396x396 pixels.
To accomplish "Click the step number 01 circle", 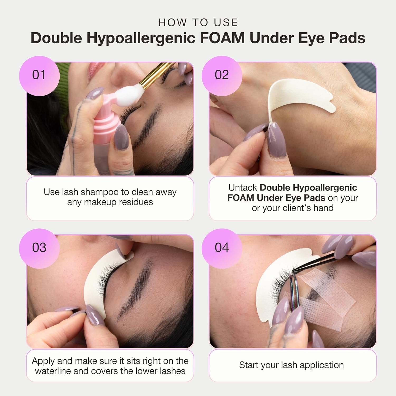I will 39,76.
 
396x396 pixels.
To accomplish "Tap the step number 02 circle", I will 222,76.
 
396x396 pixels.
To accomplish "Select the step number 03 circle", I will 39,248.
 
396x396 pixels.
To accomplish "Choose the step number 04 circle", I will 222,248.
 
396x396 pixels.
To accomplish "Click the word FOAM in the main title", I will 222,38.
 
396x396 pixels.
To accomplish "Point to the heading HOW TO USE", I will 198,23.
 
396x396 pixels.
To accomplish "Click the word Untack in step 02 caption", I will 243,188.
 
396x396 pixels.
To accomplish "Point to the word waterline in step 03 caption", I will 53,371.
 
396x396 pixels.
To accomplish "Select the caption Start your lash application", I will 291,365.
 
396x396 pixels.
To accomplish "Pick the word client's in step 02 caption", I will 297,208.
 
